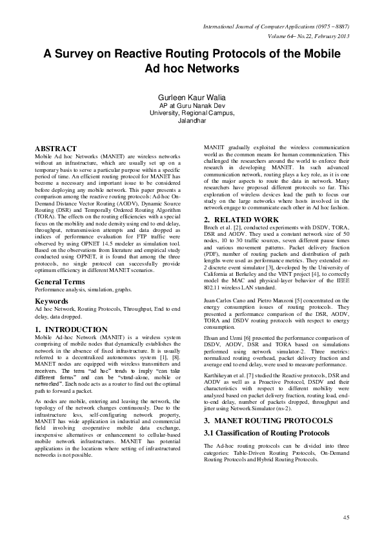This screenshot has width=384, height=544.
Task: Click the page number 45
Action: click(346, 517)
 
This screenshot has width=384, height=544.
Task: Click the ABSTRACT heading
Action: click(56, 149)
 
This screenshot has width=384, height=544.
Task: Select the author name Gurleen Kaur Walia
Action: click(192, 96)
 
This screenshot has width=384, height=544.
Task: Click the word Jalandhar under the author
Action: click(192, 120)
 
